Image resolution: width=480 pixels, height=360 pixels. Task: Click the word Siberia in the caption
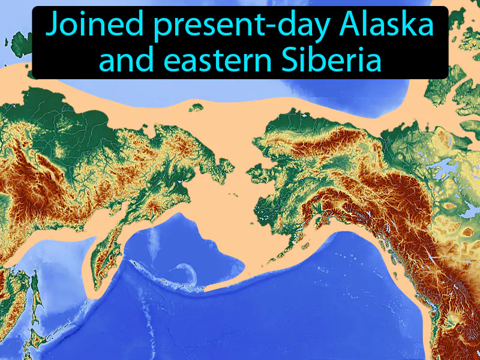[x=334, y=59]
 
